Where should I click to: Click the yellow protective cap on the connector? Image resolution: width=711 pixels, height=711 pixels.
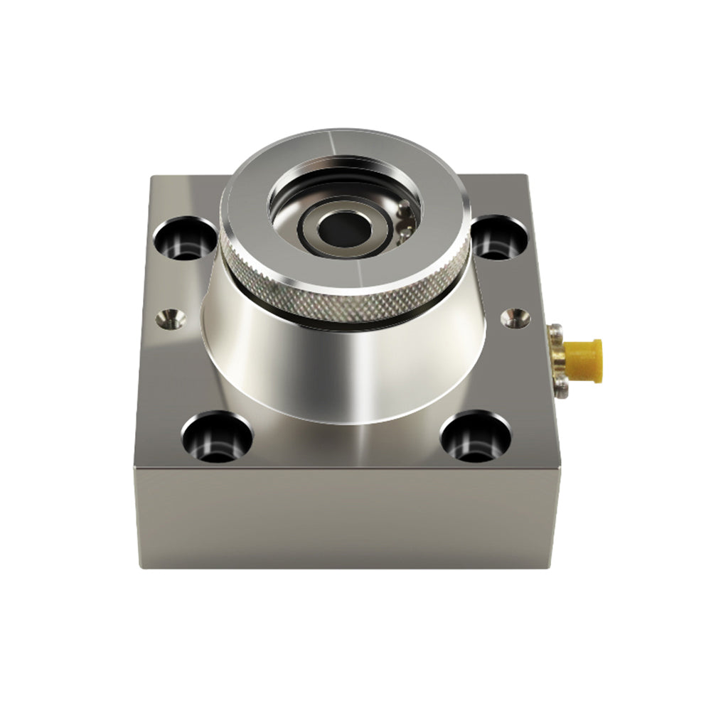click(584, 360)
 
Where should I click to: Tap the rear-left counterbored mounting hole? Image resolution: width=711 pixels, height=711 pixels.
click(184, 238)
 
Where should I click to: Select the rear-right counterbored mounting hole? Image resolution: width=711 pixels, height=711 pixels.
click(501, 237)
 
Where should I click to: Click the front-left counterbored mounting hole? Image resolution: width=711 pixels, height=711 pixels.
click(217, 436)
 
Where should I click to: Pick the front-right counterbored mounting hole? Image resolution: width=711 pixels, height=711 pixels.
click(475, 436)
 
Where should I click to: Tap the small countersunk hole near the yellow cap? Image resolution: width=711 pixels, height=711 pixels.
click(515, 318)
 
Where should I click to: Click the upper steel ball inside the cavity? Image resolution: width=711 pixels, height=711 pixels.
click(403, 209)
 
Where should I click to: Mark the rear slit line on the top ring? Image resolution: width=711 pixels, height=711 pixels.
click(329, 139)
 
